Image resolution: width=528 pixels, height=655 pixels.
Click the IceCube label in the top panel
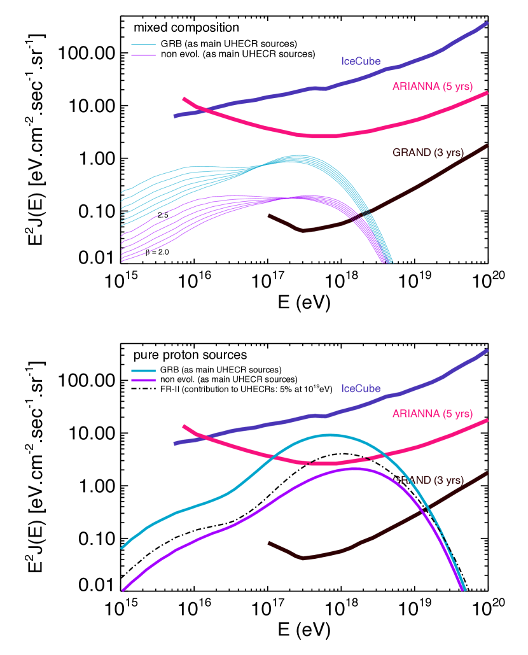pos(361,62)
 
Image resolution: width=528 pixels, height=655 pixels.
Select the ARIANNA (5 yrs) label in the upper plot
pos(433,87)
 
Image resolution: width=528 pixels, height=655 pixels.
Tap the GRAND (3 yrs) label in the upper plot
pos(427,153)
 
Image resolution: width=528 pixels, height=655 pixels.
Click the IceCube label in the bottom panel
pos(361,388)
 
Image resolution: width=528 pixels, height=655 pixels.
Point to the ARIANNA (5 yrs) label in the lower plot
pos(433,414)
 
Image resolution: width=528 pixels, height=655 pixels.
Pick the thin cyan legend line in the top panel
pos(143,45)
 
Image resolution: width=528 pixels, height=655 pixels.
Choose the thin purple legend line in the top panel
pos(143,55)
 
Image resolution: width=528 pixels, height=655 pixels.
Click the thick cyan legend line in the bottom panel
pos(143,371)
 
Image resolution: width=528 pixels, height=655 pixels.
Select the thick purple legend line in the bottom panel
pos(143,380)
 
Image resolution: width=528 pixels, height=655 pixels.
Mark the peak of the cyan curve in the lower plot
pos(329,435)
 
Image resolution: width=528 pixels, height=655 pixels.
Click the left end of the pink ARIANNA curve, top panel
pos(184,99)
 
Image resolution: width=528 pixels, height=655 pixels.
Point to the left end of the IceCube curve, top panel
pos(175,116)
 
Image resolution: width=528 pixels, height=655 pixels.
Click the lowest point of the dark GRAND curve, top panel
pos(303,230)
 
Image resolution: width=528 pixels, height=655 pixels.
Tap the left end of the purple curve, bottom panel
pos(123,590)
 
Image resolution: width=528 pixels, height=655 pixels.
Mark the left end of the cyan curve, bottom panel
pos(122,547)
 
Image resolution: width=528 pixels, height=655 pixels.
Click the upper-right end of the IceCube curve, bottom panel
pos(487,350)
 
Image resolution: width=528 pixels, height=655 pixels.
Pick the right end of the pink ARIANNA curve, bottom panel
pos(487,420)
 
